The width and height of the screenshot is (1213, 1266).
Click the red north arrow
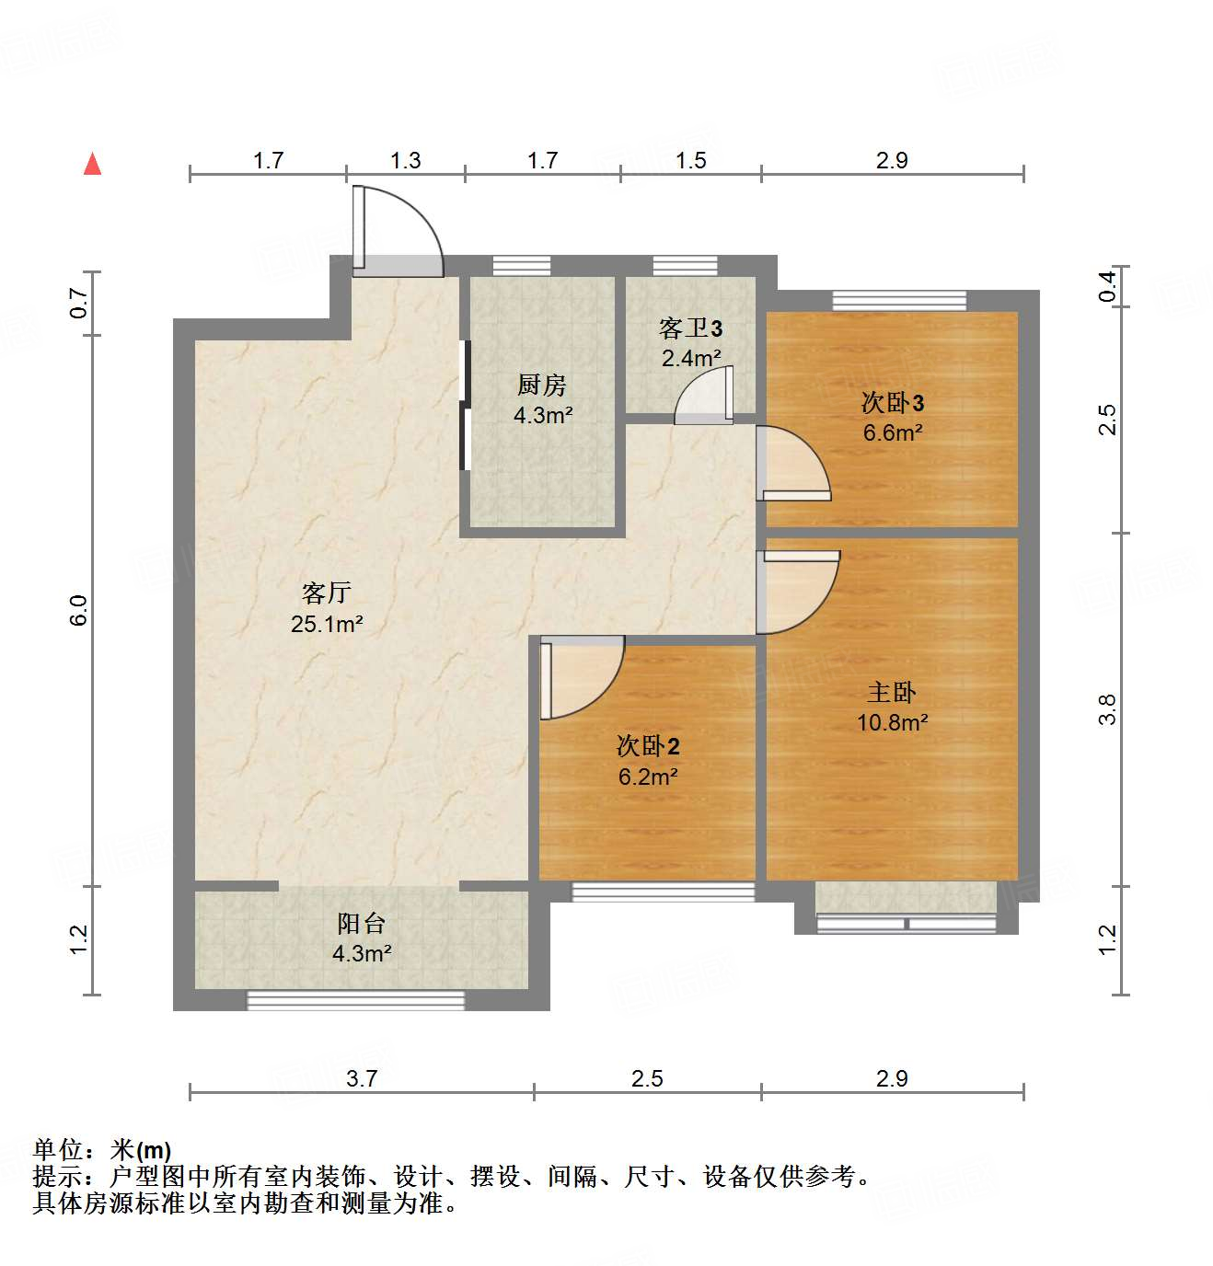92,165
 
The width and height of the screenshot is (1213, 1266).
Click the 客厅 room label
326,593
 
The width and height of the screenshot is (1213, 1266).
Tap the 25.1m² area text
327,625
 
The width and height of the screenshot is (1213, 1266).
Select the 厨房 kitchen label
542,385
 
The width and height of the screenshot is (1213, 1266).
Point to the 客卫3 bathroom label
690,328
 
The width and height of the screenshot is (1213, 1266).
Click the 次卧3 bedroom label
892,402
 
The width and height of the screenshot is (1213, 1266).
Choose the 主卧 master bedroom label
891,692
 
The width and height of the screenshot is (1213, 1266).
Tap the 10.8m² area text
892,723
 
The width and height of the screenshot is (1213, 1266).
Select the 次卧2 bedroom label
648,746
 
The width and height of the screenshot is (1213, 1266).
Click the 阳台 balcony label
361,923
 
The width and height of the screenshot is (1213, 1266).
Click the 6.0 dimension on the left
79,611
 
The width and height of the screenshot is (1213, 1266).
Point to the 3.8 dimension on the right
1107,709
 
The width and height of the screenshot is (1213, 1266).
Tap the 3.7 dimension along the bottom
362,1078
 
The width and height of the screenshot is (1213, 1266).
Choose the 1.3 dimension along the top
405,161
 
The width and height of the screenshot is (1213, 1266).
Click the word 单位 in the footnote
57,1150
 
